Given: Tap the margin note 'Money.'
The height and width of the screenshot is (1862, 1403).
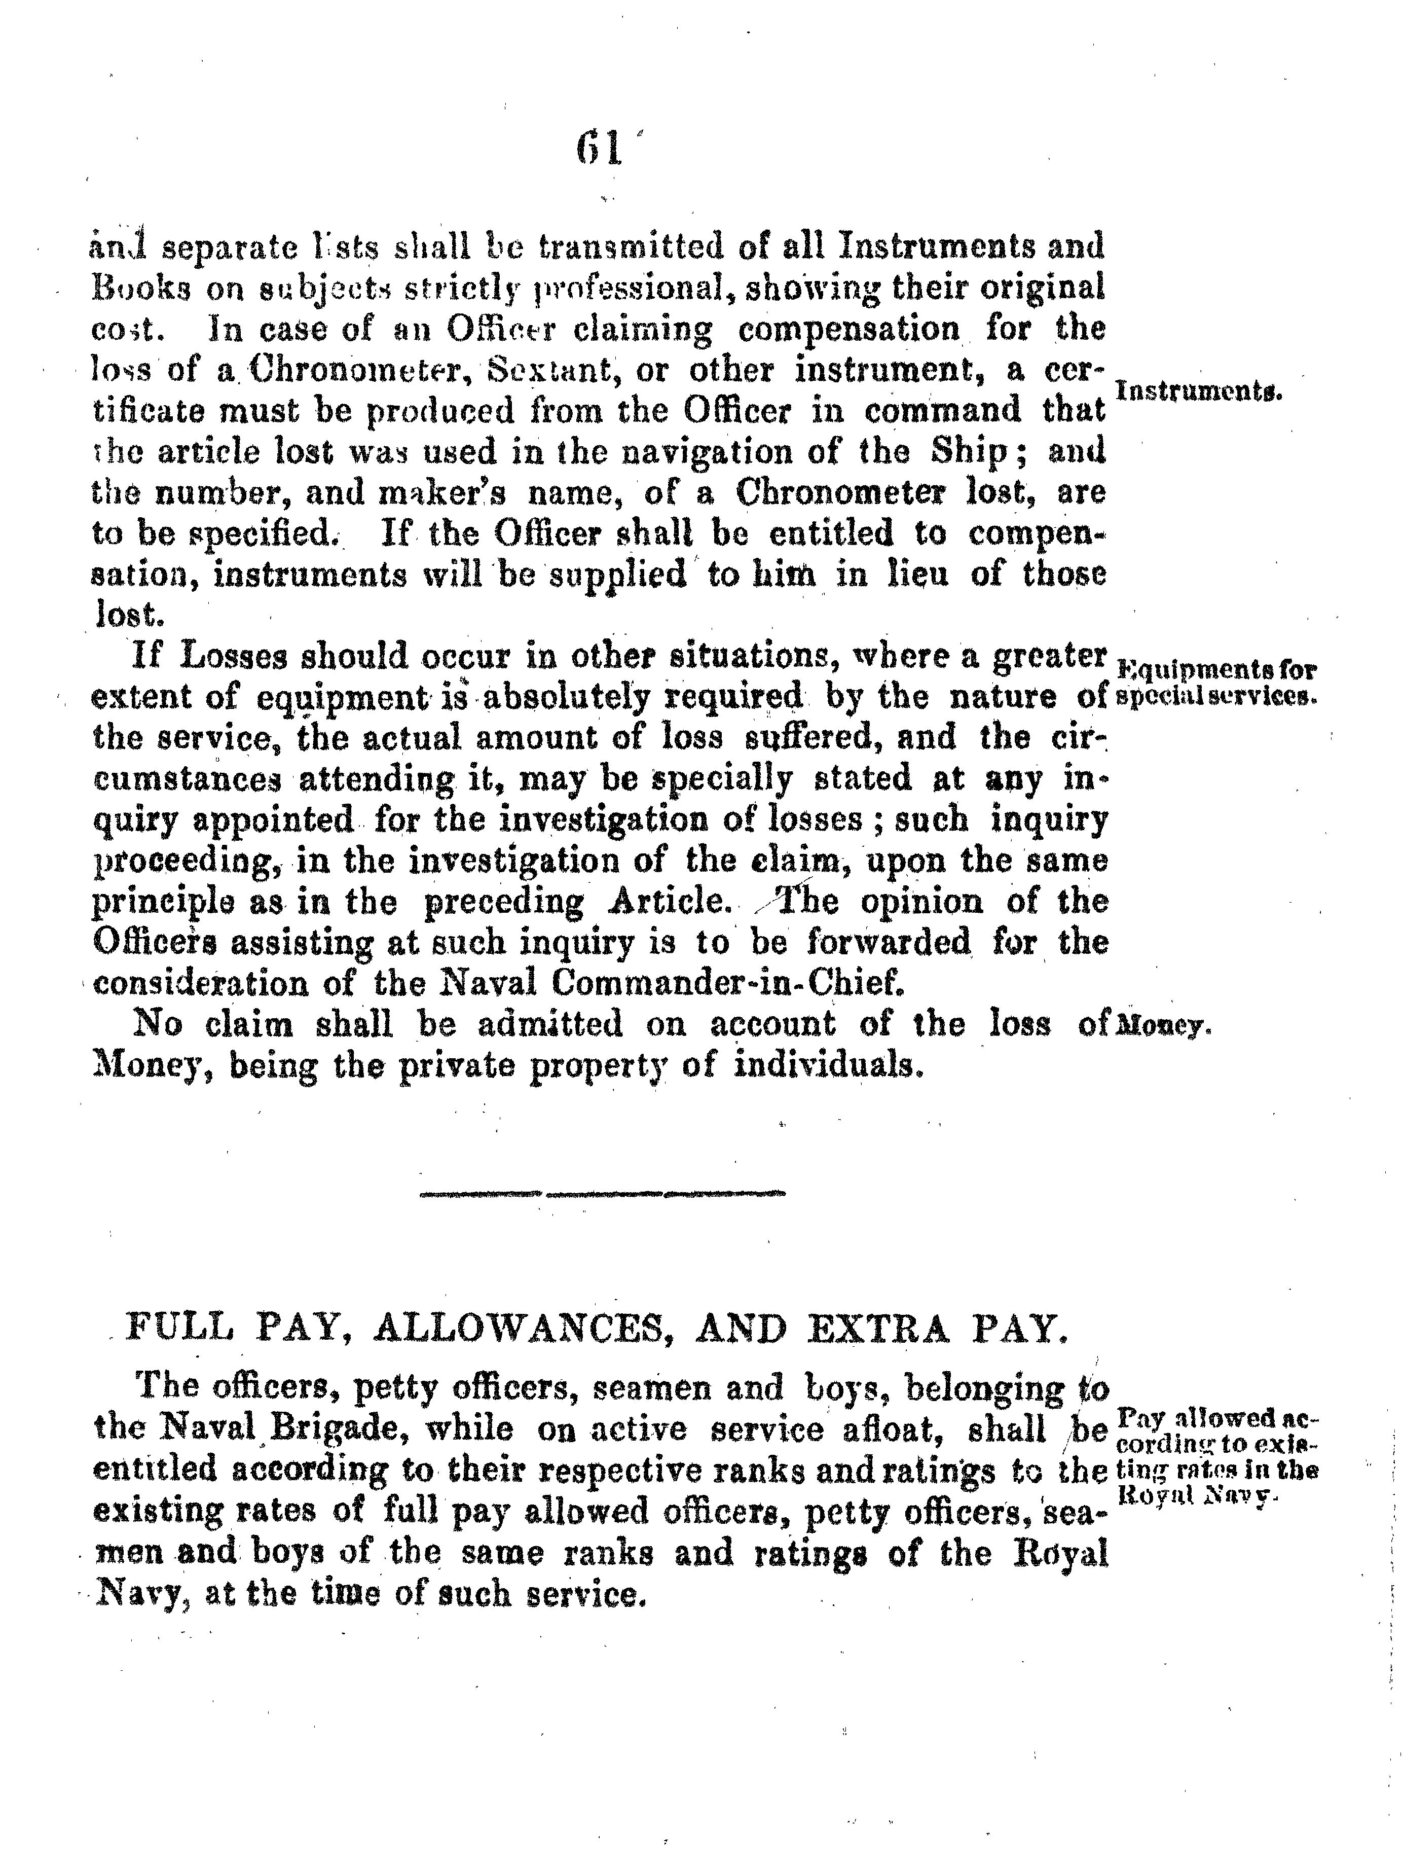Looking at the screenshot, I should click(x=1161, y=1027).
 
